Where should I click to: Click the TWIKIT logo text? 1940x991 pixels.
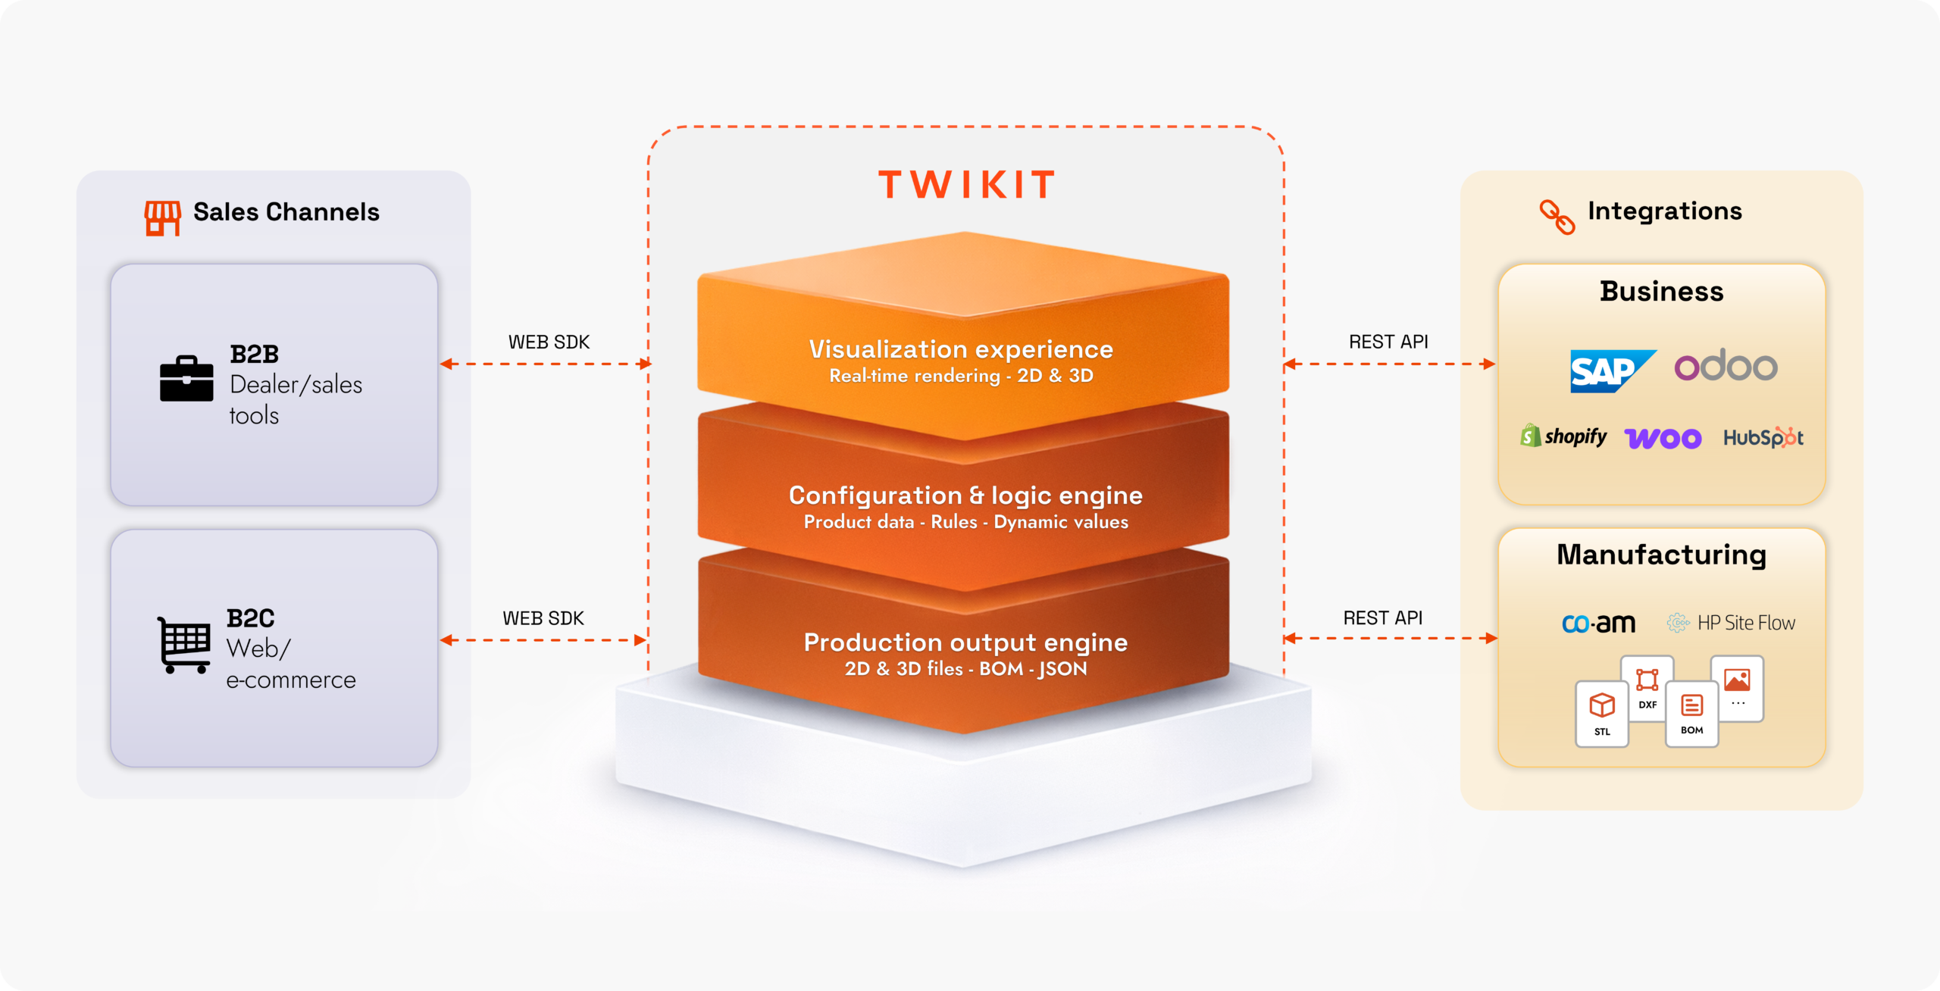966,185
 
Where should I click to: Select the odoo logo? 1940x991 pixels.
1726,366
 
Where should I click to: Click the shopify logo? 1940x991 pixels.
1563,436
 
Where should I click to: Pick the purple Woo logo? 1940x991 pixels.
1663,438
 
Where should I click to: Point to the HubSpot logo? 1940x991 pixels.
1763,437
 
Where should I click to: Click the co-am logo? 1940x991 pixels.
1598,623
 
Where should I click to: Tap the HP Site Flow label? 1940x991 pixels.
1732,623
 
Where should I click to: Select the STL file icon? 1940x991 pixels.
1601,713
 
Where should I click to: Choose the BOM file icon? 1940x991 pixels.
1691,713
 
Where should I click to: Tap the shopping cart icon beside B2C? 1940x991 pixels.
184,645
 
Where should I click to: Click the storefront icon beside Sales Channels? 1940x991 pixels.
162,217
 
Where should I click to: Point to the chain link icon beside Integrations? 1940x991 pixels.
1557,217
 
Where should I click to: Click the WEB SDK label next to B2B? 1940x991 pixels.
549,342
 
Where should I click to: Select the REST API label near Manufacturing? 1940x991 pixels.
1382,618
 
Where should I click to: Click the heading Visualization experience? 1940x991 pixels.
961,349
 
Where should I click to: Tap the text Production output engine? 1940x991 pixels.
965,642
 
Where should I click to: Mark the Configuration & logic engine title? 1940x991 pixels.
965,495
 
